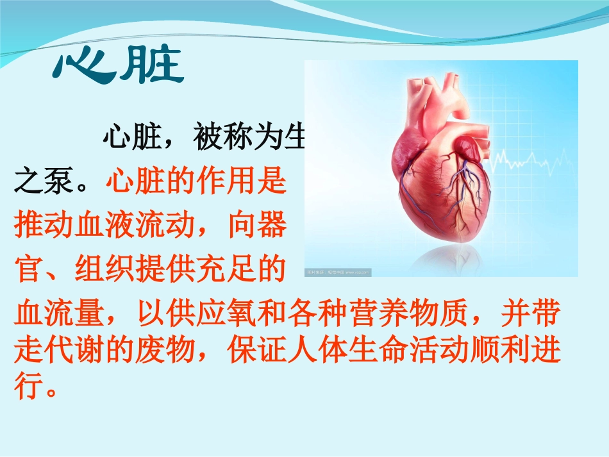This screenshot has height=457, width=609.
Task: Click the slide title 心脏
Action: (x=119, y=67)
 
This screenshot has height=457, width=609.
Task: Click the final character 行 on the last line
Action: (x=28, y=386)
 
